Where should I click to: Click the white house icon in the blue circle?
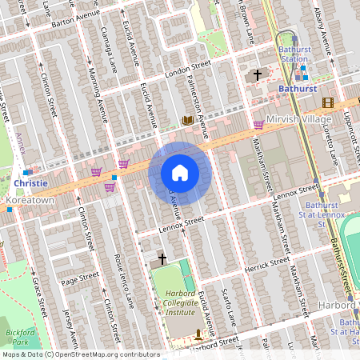180,173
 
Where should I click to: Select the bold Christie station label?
31,182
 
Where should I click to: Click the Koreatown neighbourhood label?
29,198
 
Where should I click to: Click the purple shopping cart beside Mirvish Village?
258,124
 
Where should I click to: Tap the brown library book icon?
188,121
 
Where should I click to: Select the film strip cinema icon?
326,102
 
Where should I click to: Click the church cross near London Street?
257,75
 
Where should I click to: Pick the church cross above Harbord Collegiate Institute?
162,259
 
